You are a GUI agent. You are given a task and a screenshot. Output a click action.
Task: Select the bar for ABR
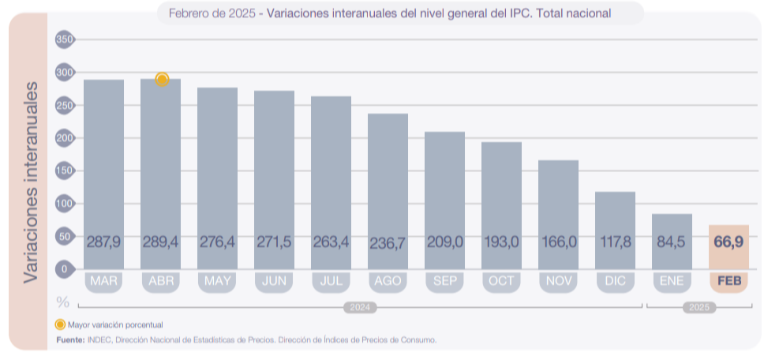pyautogui.click(x=160, y=174)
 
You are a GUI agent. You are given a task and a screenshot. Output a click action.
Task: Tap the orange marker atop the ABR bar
pyautogui.click(x=162, y=79)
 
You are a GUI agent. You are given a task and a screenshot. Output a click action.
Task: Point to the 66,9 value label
pyautogui.click(x=728, y=242)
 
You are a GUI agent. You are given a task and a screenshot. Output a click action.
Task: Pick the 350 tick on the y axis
pyautogui.click(x=65, y=39)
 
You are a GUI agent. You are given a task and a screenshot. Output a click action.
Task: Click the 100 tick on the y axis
pyautogui.click(x=65, y=204)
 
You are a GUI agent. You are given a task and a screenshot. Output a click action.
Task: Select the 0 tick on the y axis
pyautogui.click(x=65, y=269)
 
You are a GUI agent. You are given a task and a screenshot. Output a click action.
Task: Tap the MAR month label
pyautogui.click(x=104, y=281)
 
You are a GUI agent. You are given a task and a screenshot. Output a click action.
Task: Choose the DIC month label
pyautogui.click(x=616, y=281)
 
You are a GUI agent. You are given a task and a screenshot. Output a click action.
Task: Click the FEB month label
pyautogui.click(x=728, y=281)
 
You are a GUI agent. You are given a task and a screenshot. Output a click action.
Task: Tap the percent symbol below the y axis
pyautogui.click(x=63, y=302)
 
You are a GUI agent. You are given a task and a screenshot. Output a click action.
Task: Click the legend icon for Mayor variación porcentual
pyautogui.click(x=60, y=324)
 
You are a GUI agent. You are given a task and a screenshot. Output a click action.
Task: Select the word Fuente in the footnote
pyautogui.click(x=69, y=339)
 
